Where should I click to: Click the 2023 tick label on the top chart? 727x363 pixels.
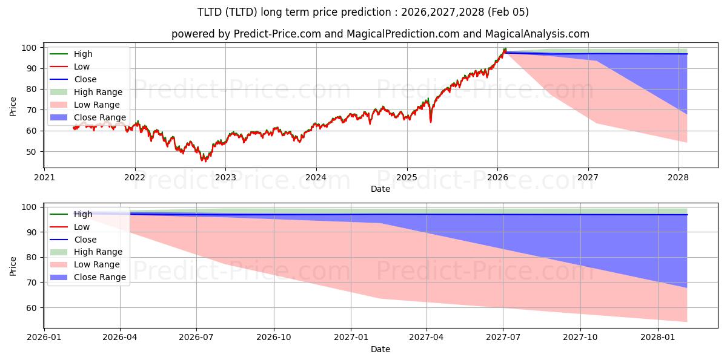coord(225,177)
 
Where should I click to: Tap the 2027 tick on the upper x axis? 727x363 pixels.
coord(588,177)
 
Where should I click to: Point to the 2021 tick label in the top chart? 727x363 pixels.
coord(44,177)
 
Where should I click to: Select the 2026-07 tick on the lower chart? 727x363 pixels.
coord(197,337)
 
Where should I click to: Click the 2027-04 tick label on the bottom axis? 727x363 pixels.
coord(427,337)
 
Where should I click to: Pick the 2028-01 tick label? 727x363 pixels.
coord(657,337)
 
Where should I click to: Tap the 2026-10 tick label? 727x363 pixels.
coord(274,337)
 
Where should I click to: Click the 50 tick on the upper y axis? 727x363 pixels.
coord(35,152)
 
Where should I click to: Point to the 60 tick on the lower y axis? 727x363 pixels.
coord(35,308)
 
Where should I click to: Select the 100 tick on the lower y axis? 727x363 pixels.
coord(33,208)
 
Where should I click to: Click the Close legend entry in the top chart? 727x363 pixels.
coord(85,79)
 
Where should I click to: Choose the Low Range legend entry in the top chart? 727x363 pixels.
coord(97,105)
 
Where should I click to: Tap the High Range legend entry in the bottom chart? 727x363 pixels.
coord(98,252)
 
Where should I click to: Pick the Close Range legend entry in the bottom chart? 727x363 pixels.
coord(99,277)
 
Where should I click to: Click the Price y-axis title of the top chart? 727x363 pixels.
coord(13,106)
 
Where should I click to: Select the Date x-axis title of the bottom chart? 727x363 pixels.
coord(380,349)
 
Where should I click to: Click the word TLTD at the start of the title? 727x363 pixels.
coord(210,12)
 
